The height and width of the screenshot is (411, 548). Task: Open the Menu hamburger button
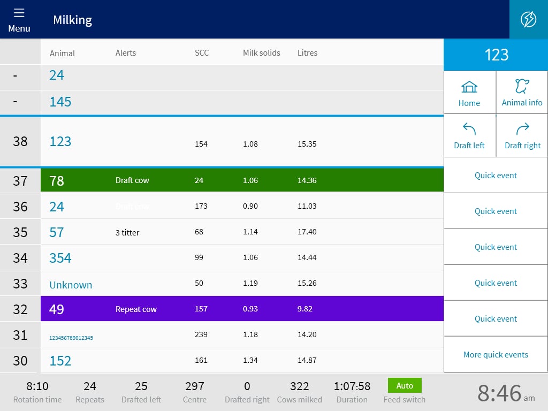point(19,20)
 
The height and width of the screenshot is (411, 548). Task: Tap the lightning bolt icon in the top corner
point(528,19)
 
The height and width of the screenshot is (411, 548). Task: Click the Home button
point(469,93)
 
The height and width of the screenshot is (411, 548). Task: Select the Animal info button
point(522,93)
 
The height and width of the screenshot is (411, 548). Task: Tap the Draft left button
point(469,135)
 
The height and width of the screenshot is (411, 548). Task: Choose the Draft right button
point(522,135)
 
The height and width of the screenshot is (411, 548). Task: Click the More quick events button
point(496,354)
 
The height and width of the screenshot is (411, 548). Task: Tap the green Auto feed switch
point(405,385)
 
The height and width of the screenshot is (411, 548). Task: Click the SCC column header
point(202,53)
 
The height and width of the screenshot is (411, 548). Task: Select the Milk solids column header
point(261,53)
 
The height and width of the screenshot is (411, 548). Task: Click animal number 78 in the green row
point(57,181)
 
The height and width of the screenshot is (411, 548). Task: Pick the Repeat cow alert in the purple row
point(136,309)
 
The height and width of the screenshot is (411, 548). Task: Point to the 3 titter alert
point(127,232)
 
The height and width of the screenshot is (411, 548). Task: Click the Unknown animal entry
point(71,285)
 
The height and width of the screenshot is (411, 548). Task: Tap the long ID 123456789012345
point(71,338)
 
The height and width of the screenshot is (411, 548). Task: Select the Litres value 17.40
point(307,232)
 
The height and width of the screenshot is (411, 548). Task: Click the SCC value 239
point(201,334)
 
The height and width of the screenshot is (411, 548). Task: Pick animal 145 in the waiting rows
point(60,102)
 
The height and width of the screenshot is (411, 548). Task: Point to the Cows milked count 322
point(299,386)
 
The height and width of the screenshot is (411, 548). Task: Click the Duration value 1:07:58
point(352,386)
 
